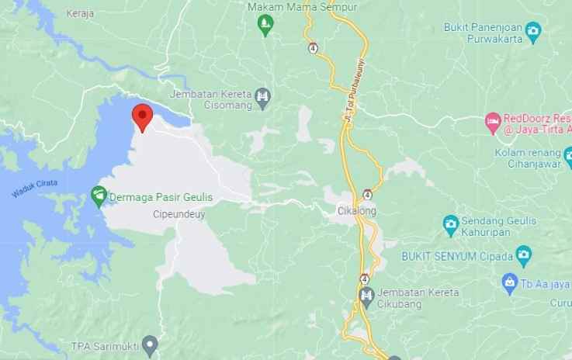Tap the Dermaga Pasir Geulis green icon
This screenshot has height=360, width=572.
pyautogui.click(x=99, y=196)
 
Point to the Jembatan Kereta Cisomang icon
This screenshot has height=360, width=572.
pyautogui.click(x=264, y=97)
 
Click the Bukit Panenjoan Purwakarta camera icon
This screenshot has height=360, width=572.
pyautogui.click(x=533, y=31)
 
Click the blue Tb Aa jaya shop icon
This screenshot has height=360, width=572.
pyautogui.click(x=509, y=280)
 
